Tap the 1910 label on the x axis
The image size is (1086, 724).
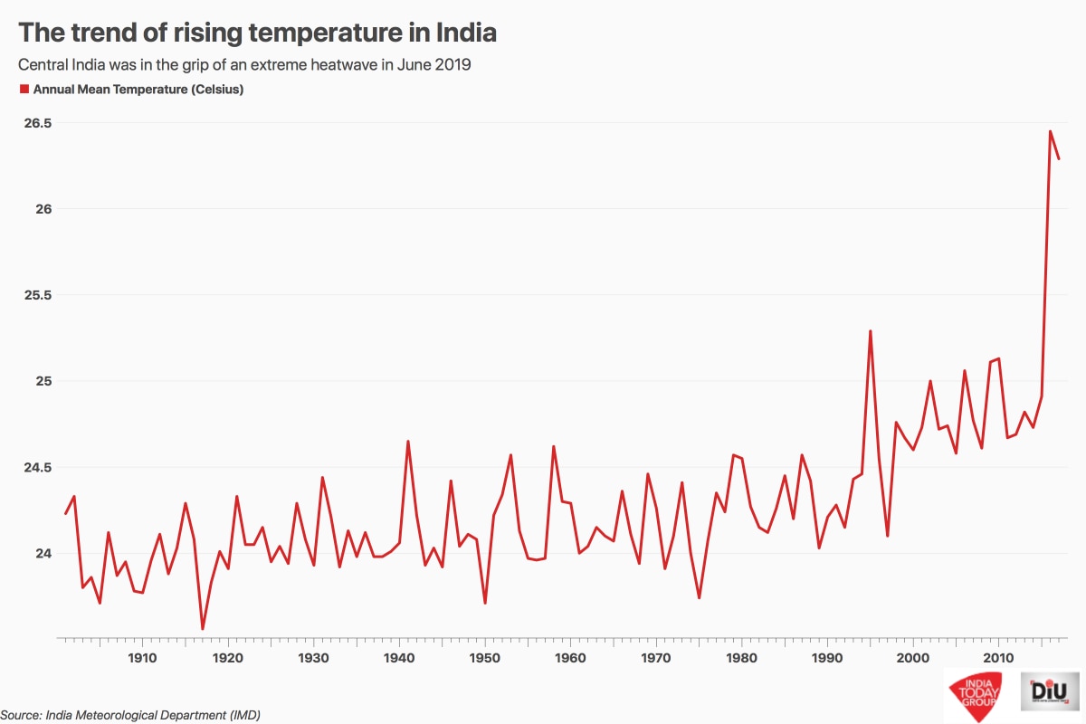[x=142, y=657]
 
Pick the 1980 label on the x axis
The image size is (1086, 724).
[x=742, y=657]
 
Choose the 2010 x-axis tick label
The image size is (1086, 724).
[x=998, y=657]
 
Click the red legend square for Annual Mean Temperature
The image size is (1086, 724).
[x=24, y=90]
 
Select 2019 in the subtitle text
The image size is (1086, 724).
[x=454, y=65]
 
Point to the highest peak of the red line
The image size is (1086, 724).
[x=1050, y=131]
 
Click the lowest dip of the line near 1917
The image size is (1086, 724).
[x=203, y=628]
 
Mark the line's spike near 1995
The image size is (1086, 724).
[x=870, y=331]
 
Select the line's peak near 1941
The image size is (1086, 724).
[x=408, y=442]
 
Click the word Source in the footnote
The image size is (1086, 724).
[x=21, y=715]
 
